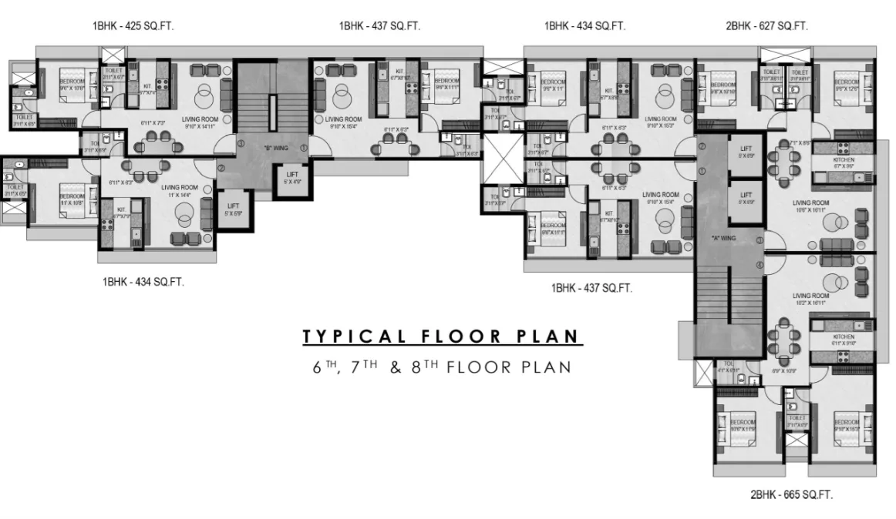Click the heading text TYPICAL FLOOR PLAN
442,337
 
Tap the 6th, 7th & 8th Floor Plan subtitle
442,367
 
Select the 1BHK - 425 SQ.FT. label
133,26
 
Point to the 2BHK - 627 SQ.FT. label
766,26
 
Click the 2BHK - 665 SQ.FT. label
791,494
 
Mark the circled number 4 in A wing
760,266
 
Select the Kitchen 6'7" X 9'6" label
845,162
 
